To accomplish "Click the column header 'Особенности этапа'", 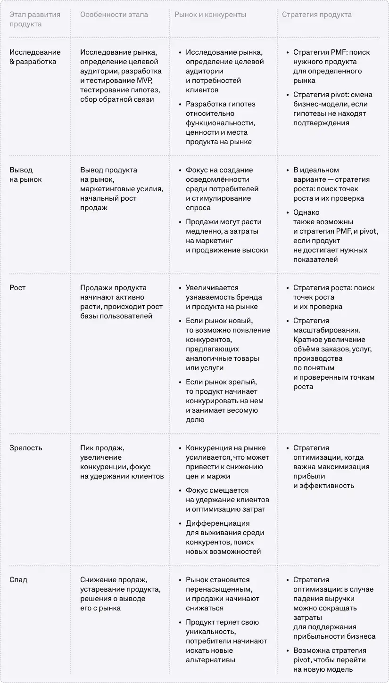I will (x=114, y=15).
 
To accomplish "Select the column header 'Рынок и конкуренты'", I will (x=210, y=15).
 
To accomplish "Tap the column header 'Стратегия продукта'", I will (x=316, y=15).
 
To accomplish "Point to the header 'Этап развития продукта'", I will (x=35, y=19).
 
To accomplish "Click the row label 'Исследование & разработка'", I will (x=35, y=57).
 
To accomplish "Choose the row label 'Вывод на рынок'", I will (x=25, y=175).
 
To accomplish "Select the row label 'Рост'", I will (x=17, y=288).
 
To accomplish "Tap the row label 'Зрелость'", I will (x=25, y=448).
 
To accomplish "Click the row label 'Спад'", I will (x=18, y=580).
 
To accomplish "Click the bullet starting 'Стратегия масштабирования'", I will (x=332, y=354).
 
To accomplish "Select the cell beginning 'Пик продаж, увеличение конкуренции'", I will (x=122, y=462).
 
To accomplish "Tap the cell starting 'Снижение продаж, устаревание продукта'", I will (x=120, y=594).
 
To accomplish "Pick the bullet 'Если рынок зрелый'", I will (x=224, y=401).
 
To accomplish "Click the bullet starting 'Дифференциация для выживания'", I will (x=224, y=537).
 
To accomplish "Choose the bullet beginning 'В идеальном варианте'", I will (x=331, y=184).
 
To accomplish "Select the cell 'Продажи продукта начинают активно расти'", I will (x=121, y=302).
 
